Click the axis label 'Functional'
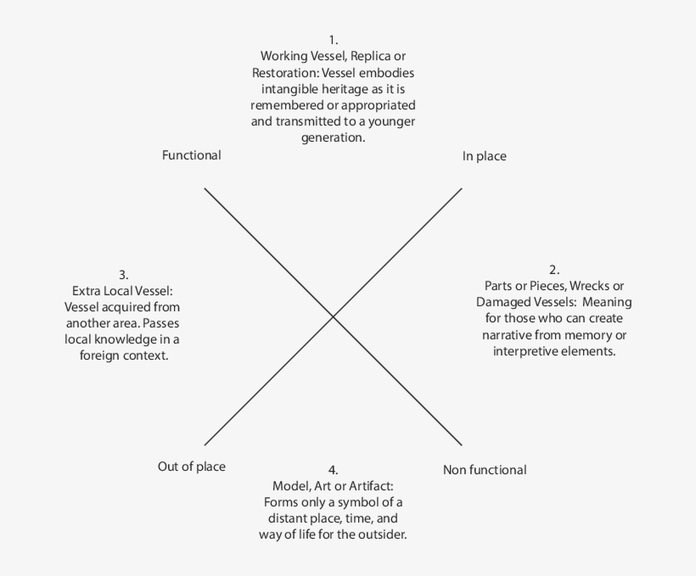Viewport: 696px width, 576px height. (x=192, y=155)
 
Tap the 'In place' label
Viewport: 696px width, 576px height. (x=484, y=156)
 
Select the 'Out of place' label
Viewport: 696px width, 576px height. (x=192, y=467)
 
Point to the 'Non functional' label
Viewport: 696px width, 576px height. (x=485, y=470)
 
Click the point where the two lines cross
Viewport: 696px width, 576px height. (x=333, y=317)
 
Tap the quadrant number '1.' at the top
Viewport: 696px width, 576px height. (x=333, y=40)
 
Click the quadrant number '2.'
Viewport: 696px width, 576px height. (x=554, y=271)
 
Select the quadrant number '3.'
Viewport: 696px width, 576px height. (x=123, y=275)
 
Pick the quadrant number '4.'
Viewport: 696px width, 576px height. (x=333, y=470)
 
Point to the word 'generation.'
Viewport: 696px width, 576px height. (x=333, y=137)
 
